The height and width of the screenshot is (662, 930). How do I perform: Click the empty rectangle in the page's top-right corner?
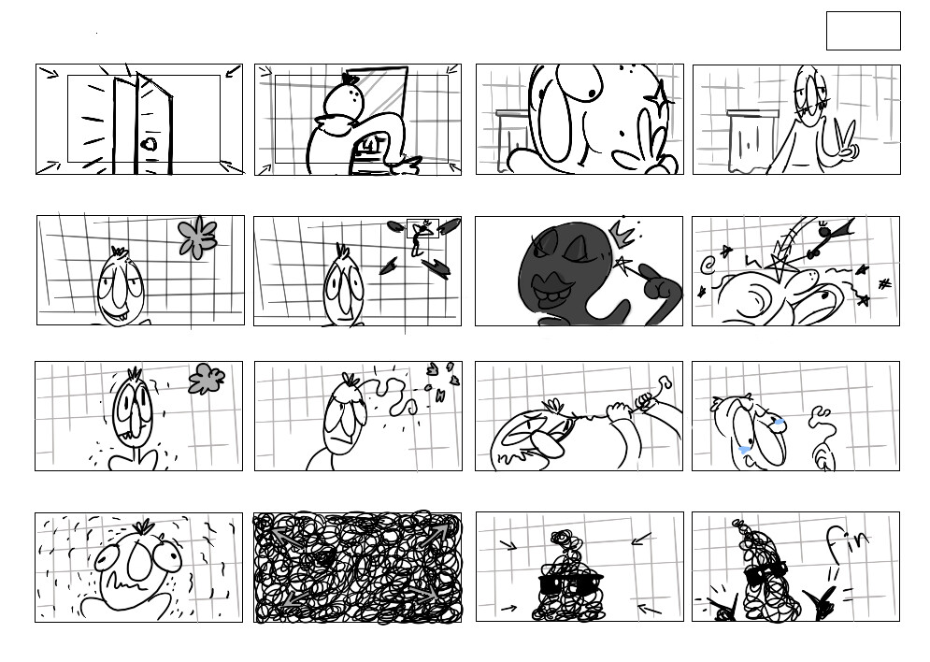863,31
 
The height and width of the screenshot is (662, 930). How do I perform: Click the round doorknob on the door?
150,144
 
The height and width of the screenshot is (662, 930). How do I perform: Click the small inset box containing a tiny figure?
422,228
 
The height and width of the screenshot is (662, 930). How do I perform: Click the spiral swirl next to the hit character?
707,265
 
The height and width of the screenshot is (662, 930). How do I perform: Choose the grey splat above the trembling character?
207,379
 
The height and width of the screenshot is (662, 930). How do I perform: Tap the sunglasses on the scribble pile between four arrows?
570,583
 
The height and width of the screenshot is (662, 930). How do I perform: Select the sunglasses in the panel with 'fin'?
765,573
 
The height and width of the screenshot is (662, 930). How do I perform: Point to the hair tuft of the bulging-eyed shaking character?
142,526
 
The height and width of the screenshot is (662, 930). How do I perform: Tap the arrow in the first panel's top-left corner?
49,73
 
